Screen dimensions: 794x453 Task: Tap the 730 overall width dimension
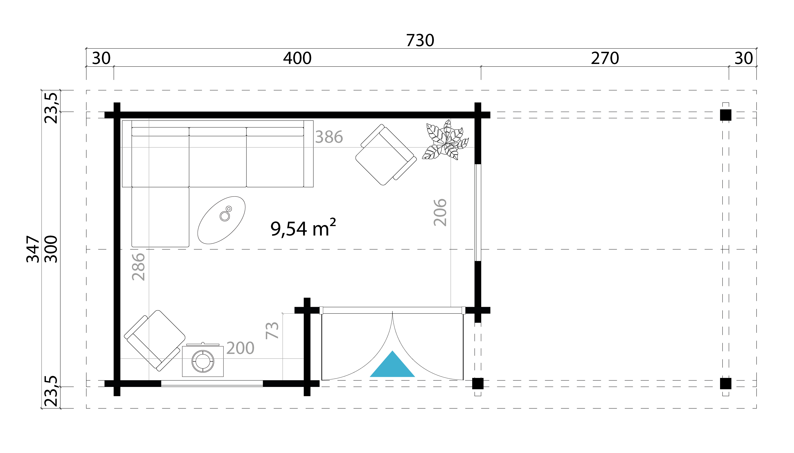(x=420, y=40)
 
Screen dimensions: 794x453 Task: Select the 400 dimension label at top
(x=297, y=58)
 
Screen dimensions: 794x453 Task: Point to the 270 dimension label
(x=605, y=58)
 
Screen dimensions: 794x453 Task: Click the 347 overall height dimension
(x=33, y=249)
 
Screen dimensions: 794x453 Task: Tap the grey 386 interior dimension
(x=329, y=137)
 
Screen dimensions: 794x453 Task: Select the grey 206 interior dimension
(x=440, y=212)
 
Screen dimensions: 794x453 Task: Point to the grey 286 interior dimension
(x=139, y=267)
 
